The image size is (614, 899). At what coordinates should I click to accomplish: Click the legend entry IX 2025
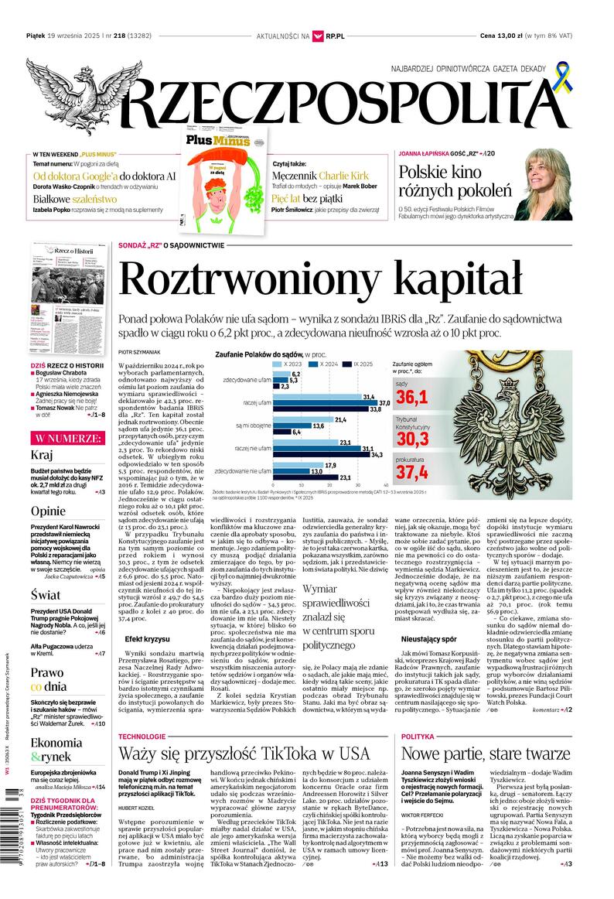[x=367, y=364]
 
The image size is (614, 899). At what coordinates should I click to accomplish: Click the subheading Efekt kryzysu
[x=147, y=638]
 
